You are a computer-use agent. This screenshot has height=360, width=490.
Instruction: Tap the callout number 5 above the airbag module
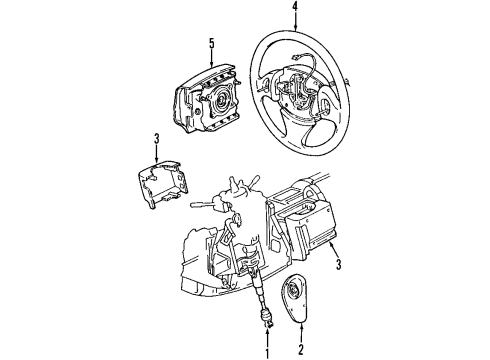tap(211, 42)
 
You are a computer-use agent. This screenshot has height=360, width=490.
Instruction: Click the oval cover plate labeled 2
tap(300, 300)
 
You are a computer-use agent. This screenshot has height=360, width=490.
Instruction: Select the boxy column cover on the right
tap(315, 235)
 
